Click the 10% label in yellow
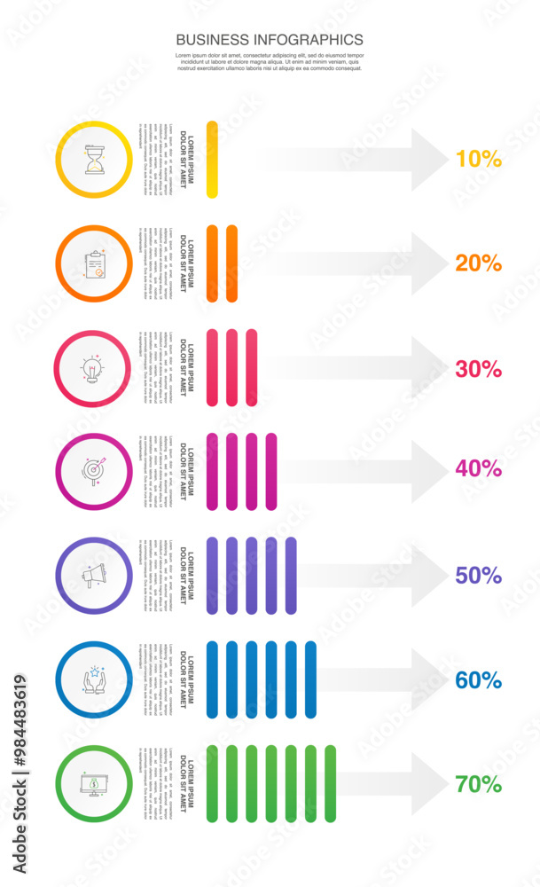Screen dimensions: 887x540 pos(478,159)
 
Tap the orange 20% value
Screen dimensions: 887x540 pos(478,263)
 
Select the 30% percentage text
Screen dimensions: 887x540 pos(478,368)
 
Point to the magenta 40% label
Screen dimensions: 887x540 pos(478,468)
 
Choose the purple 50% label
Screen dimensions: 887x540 pos(478,576)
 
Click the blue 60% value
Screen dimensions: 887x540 pos(478,680)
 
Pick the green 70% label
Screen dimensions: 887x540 pos(478,784)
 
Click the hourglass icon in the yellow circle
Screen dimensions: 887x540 pos(93,159)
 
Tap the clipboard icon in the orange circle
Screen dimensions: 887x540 pos(93,263)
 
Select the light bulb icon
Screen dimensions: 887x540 pos(93,368)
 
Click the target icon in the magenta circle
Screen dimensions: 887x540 pos(93,470)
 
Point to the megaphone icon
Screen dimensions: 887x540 pos(93,576)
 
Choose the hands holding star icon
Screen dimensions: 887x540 pos(93,680)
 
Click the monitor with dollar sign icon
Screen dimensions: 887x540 pos(93,784)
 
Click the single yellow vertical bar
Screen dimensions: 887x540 pos(212,159)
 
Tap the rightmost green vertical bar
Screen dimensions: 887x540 pos(331,784)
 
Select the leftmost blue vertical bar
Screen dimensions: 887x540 pos(212,680)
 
